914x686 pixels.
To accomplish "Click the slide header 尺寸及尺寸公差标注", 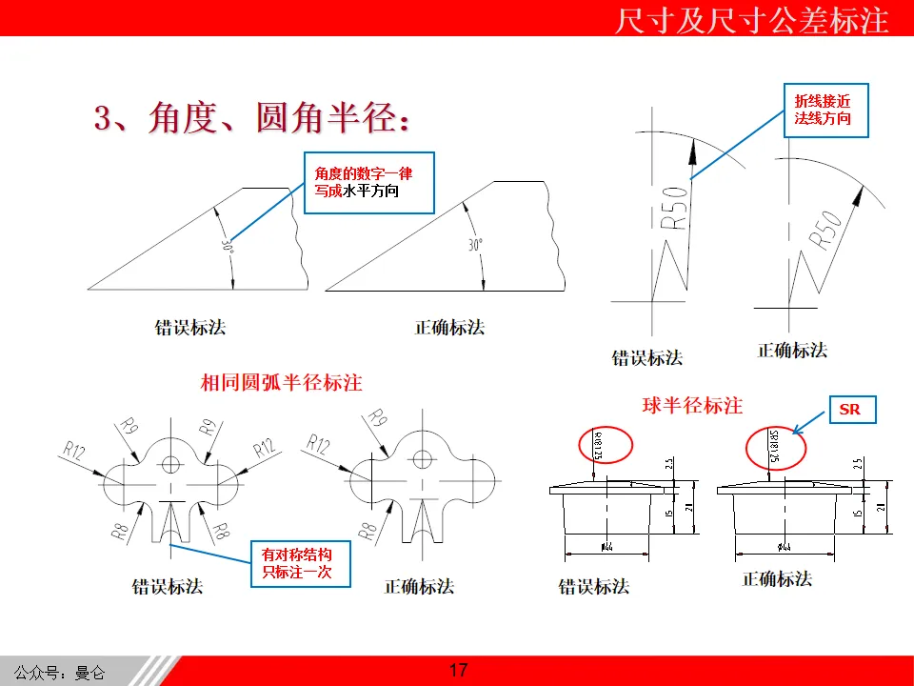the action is coord(751,20).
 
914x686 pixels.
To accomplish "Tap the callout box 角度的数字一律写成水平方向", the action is coord(368,183).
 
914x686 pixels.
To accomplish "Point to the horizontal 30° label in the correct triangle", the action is coord(476,245).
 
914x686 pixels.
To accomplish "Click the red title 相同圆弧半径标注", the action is coord(282,383).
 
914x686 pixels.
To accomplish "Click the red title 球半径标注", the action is coord(692,405).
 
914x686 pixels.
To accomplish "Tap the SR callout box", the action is coord(849,410).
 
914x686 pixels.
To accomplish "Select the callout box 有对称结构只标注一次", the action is coord(297,563).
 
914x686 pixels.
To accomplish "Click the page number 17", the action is coord(458,670).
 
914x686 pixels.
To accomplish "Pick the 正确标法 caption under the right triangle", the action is coord(449,327).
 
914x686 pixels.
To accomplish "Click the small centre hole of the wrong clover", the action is coord(171,464).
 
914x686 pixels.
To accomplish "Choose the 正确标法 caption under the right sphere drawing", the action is coord(777,578).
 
